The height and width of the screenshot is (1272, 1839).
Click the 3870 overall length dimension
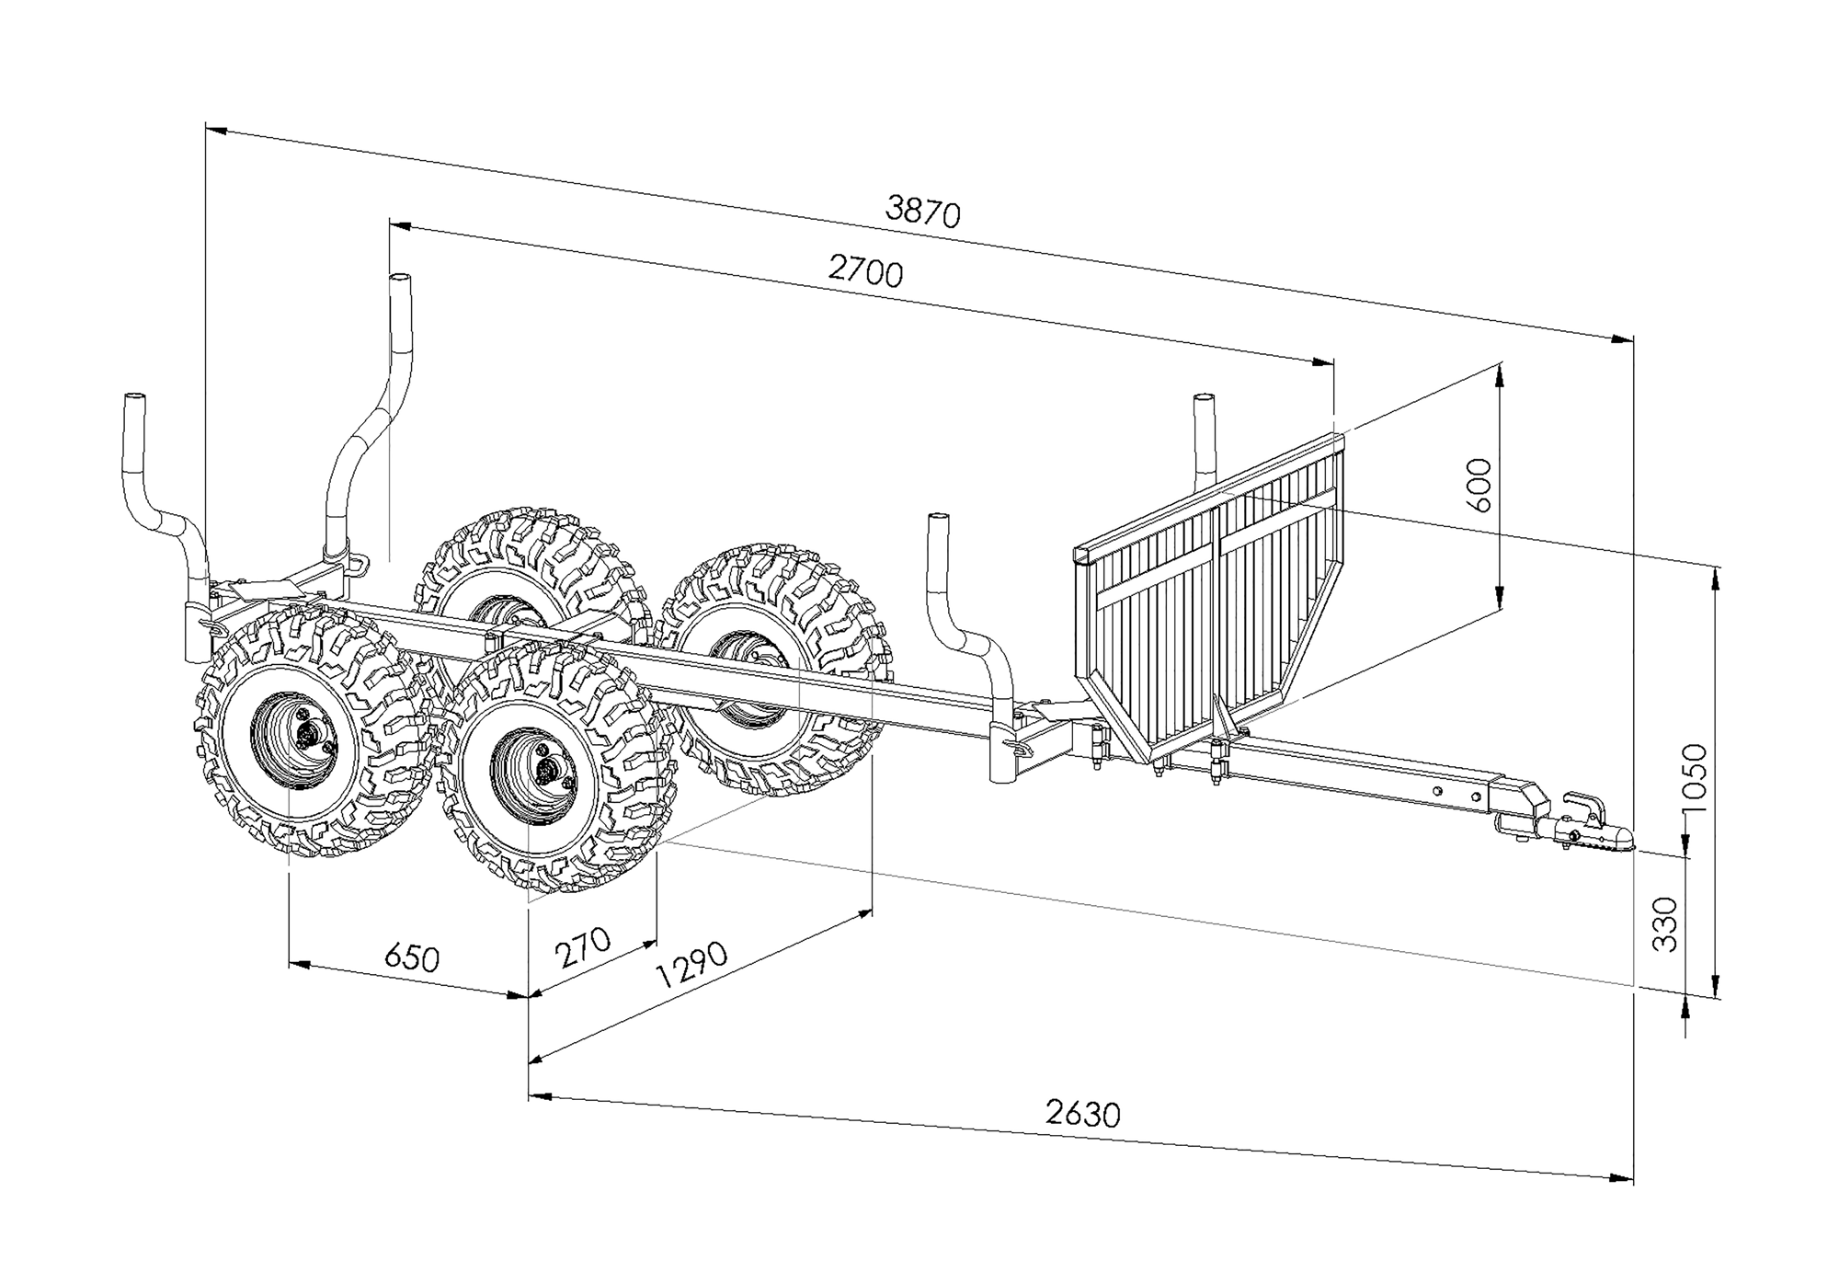coord(922,211)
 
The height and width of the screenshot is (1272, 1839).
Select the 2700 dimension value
coord(865,271)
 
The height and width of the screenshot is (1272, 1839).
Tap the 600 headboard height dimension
coord(1480,485)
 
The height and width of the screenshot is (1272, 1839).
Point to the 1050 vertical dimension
coord(1693,777)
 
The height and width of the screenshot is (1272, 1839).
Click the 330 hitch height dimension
coord(1665,923)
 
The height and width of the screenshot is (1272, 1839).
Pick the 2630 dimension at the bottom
coord(1082,1114)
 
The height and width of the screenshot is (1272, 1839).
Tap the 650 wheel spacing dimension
coord(411,957)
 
